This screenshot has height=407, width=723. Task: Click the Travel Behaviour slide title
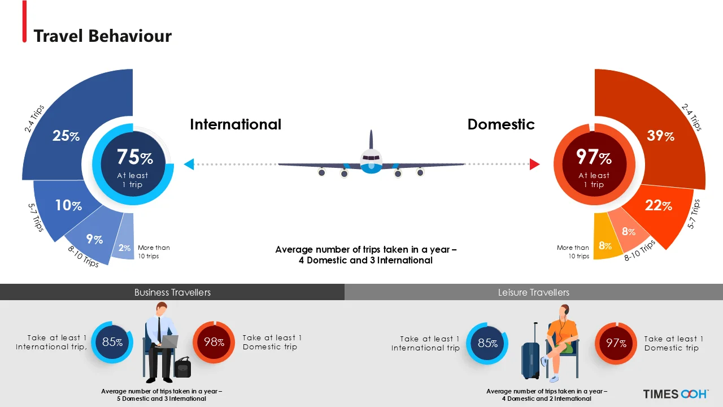102,36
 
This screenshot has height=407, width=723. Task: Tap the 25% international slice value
66,136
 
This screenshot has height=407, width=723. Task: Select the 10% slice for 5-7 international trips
68,205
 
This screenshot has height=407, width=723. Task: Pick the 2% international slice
124,248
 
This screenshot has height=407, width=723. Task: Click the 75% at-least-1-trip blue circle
134,164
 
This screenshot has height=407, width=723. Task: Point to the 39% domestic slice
660,136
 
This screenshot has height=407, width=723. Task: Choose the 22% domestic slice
659,206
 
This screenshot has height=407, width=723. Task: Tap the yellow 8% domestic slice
605,246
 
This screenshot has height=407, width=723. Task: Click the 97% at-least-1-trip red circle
594,164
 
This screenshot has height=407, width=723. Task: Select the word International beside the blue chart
236,124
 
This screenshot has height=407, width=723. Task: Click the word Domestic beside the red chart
500,124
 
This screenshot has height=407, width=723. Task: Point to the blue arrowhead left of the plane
189,164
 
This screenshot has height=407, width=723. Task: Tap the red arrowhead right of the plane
534,164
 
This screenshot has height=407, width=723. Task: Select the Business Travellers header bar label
172,292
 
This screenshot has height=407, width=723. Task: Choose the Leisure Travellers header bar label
534,292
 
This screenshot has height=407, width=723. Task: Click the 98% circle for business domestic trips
214,342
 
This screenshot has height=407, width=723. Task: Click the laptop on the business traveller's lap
169,341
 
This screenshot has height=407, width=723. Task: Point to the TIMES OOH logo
676,394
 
